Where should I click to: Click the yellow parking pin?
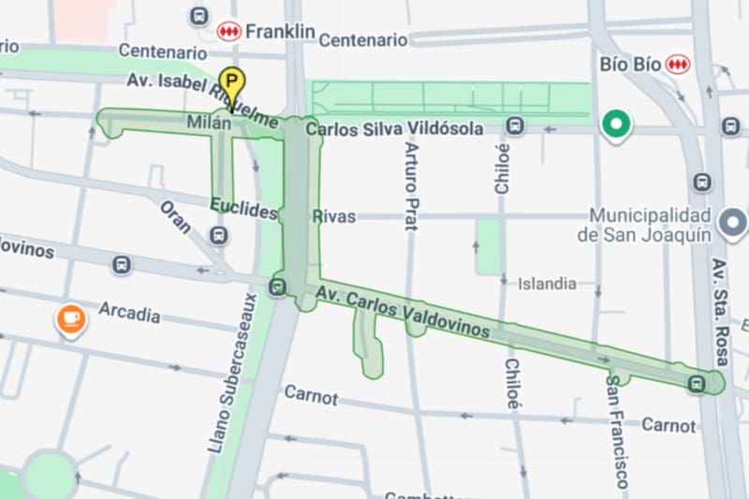tap(229, 82)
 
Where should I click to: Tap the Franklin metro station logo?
tap(229, 32)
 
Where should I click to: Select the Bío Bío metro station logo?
tap(677, 65)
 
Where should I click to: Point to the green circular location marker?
tap(616, 124)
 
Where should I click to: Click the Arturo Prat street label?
tap(410, 184)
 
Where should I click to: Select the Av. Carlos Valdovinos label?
tap(403, 313)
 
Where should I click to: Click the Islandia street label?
tap(547, 283)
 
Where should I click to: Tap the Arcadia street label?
tap(129, 312)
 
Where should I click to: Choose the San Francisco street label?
tap(617, 432)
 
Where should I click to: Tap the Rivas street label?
tap(335, 216)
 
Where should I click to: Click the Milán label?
tap(209, 123)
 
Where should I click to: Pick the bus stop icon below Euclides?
tap(220, 235)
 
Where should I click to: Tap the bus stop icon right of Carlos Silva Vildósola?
tap(515, 126)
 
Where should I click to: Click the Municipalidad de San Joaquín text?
tap(644, 225)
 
